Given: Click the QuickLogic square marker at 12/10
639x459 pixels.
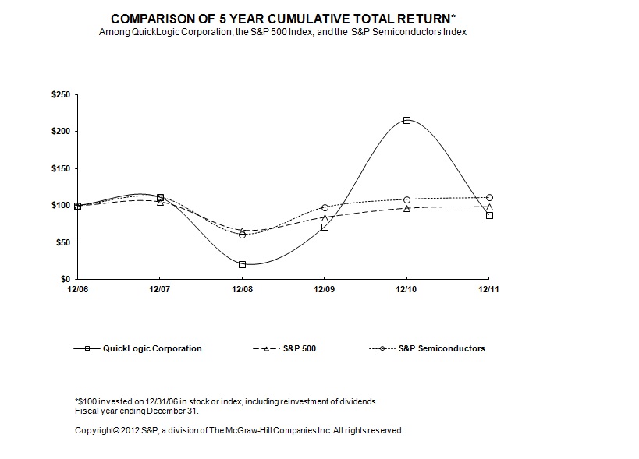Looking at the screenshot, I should [x=406, y=120].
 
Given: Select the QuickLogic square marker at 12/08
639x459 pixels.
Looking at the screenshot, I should [x=242, y=264].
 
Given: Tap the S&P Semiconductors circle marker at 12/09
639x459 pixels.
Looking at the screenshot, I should [x=325, y=207].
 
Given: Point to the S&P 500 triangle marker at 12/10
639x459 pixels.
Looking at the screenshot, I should [x=406, y=208].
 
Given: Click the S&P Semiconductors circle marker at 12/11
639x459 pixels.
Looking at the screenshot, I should [x=488, y=197].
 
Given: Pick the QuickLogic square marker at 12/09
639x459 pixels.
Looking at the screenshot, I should [x=325, y=227].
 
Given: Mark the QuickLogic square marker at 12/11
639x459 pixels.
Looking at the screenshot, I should [x=488, y=215].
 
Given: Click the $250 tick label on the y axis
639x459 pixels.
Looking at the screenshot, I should [x=60, y=94].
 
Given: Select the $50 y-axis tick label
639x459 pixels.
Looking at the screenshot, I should [x=62, y=242].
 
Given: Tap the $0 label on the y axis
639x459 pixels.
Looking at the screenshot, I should [x=66, y=279].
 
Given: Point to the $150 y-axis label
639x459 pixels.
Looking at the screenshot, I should [x=60, y=168].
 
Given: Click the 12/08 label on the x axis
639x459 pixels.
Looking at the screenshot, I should [x=242, y=289].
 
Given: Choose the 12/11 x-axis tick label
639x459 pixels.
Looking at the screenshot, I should [x=488, y=289].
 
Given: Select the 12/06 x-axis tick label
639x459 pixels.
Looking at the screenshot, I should [x=77, y=289].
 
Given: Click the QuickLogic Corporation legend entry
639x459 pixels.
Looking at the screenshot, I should [x=152, y=348].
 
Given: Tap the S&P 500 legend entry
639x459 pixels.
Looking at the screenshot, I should [x=300, y=348].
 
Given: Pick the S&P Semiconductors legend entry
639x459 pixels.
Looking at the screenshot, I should [x=442, y=348].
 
